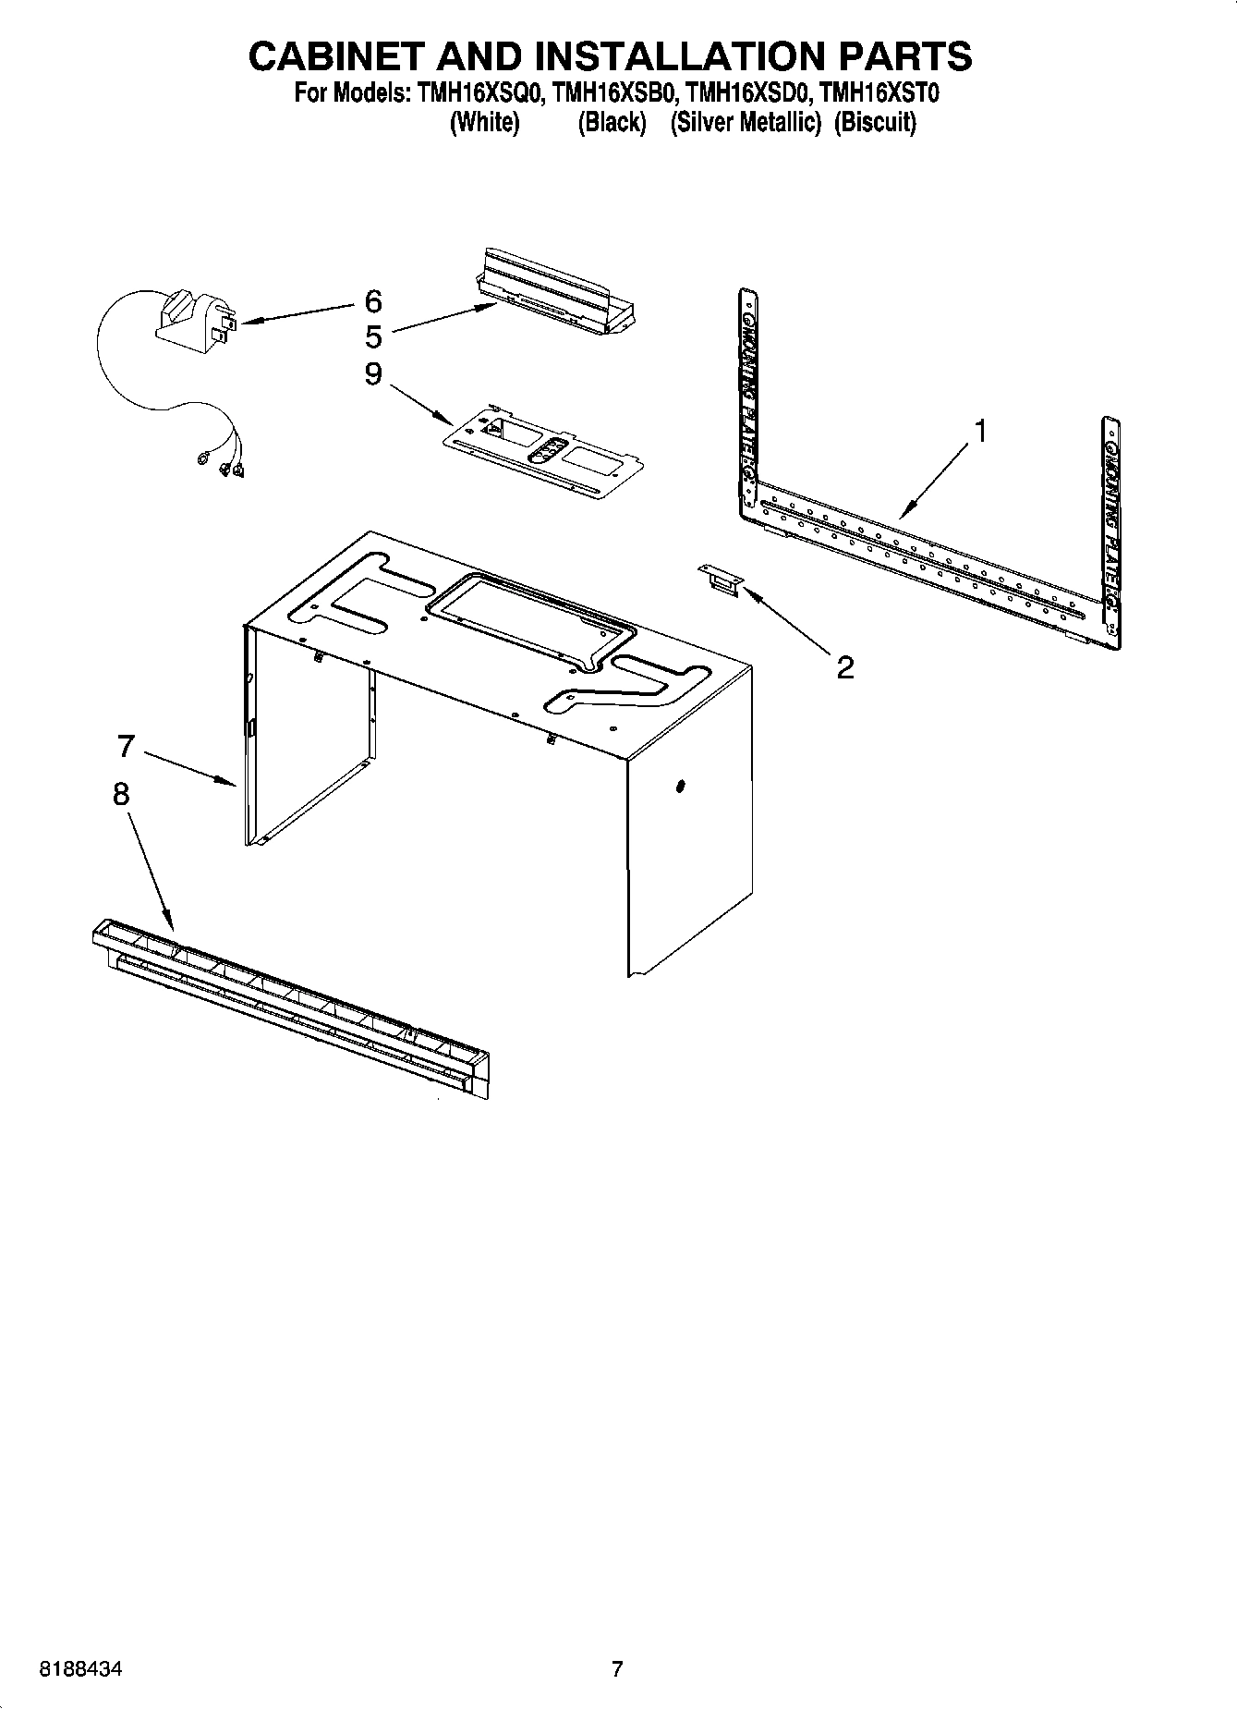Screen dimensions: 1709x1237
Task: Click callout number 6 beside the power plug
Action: (372, 301)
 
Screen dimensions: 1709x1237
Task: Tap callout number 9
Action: (372, 373)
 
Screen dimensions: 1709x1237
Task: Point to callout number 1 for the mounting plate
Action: (981, 431)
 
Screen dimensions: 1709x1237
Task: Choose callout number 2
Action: (844, 666)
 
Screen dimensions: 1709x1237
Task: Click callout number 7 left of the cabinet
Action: (127, 745)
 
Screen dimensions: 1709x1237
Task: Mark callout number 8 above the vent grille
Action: (121, 794)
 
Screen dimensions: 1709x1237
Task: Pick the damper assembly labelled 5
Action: (560, 291)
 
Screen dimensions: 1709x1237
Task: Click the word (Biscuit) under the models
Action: (875, 122)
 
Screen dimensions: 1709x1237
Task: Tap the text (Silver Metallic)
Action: (746, 122)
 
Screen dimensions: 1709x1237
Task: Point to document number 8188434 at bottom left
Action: (80, 1669)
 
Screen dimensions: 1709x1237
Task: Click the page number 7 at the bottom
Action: (617, 1668)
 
